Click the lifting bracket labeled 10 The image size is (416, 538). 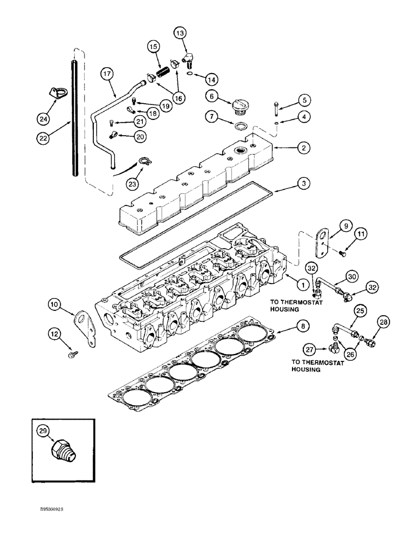click(x=83, y=327)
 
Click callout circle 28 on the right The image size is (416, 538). click(x=368, y=322)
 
